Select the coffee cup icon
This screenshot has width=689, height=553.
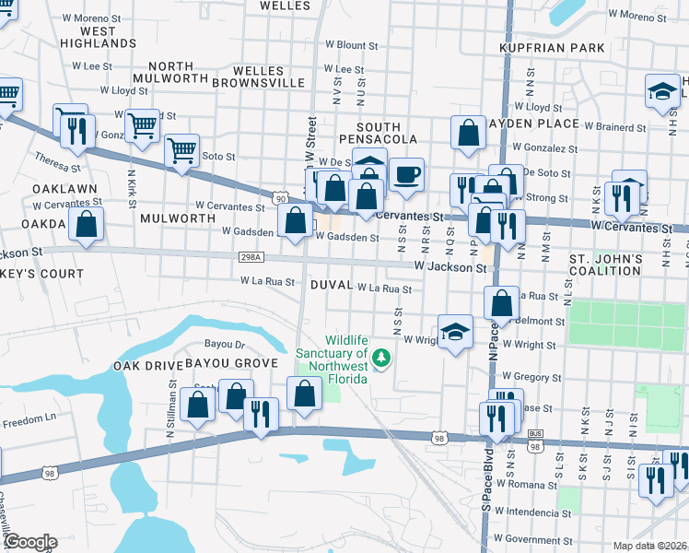pos(406,174)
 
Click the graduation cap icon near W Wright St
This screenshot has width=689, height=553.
pos(455,334)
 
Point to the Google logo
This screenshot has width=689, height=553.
pos(29,542)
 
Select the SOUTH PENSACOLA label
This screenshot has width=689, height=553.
pos(379,133)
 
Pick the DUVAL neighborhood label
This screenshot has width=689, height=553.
pos(331,286)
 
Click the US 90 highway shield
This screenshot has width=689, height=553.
pos(280,196)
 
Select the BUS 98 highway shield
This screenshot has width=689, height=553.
pos(534,442)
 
